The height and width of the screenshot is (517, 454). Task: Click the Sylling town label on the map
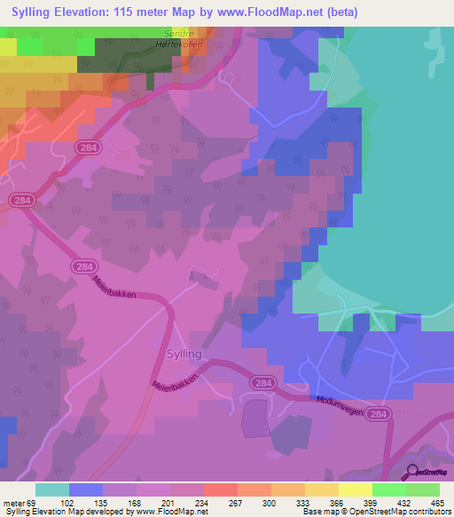[184, 354]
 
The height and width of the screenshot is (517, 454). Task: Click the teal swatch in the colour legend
[52, 489]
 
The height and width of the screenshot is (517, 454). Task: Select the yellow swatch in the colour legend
[355, 489]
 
